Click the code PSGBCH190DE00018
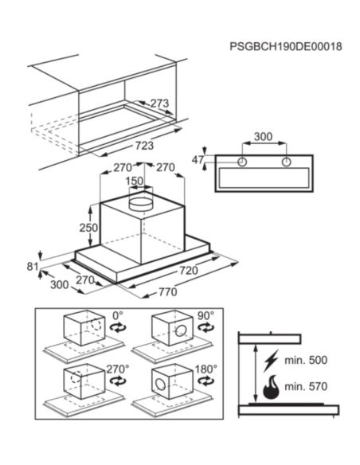pyautogui.click(x=286, y=46)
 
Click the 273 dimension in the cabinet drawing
pyautogui.click(x=159, y=104)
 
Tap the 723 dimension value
pyautogui.click(x=145, y=146)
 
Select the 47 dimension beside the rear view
pyautogui.click(x=198, y=160)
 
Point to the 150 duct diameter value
pyautogui.click(x=135, y=181)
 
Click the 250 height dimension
pyautogui.click(x=88, y=228)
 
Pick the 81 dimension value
pyautogui.click(x=33, y=267)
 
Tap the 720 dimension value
pyautogui.click(x=188, y=271)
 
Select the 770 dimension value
pyautogui.click(x=168, y=292)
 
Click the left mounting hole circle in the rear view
pyautogui.click(x=242, y=162)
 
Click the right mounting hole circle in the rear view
pyautogui.click(x=287, y=162)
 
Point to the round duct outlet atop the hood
pyautogui.click(x=141, y=204)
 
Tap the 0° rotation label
pyautogui.click(x=117, y=315)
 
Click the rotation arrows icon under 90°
pyautogui.click(x=205, y=328)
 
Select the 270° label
pyautogui.click(x=118, y=369)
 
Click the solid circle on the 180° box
pyautogui.click(x=161, y=385)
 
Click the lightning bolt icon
pyautogui.click(x=272, y=361)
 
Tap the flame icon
pyautogui.click(x=271, y=387)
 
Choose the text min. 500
pyautogui.click(x=306, y=360)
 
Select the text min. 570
pyautogui.click(x=306, y=386)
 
